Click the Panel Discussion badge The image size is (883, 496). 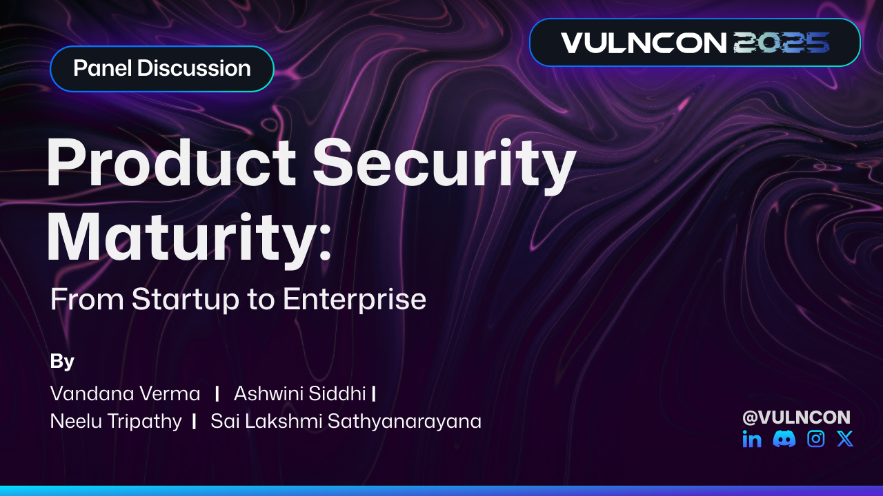(161, 69)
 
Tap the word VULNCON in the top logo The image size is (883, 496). (643, 43)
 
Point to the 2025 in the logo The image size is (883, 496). (781, 43)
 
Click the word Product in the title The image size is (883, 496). (171, 165)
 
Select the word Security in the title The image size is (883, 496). (444, 165)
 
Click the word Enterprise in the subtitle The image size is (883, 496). (354, 300)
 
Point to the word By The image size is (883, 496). (62, 361)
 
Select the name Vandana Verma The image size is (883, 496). (125, 394)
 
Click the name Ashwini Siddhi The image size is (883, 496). (299, 394)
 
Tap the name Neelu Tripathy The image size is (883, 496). (116, 421)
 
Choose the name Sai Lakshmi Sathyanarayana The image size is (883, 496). (346, 421)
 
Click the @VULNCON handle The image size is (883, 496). (796, 417)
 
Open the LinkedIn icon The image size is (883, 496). (752, 439)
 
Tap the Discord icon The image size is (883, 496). (784, 439)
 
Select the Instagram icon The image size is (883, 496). (815, 439)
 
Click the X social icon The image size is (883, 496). (845, 439)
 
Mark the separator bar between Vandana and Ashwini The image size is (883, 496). (217, 393)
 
